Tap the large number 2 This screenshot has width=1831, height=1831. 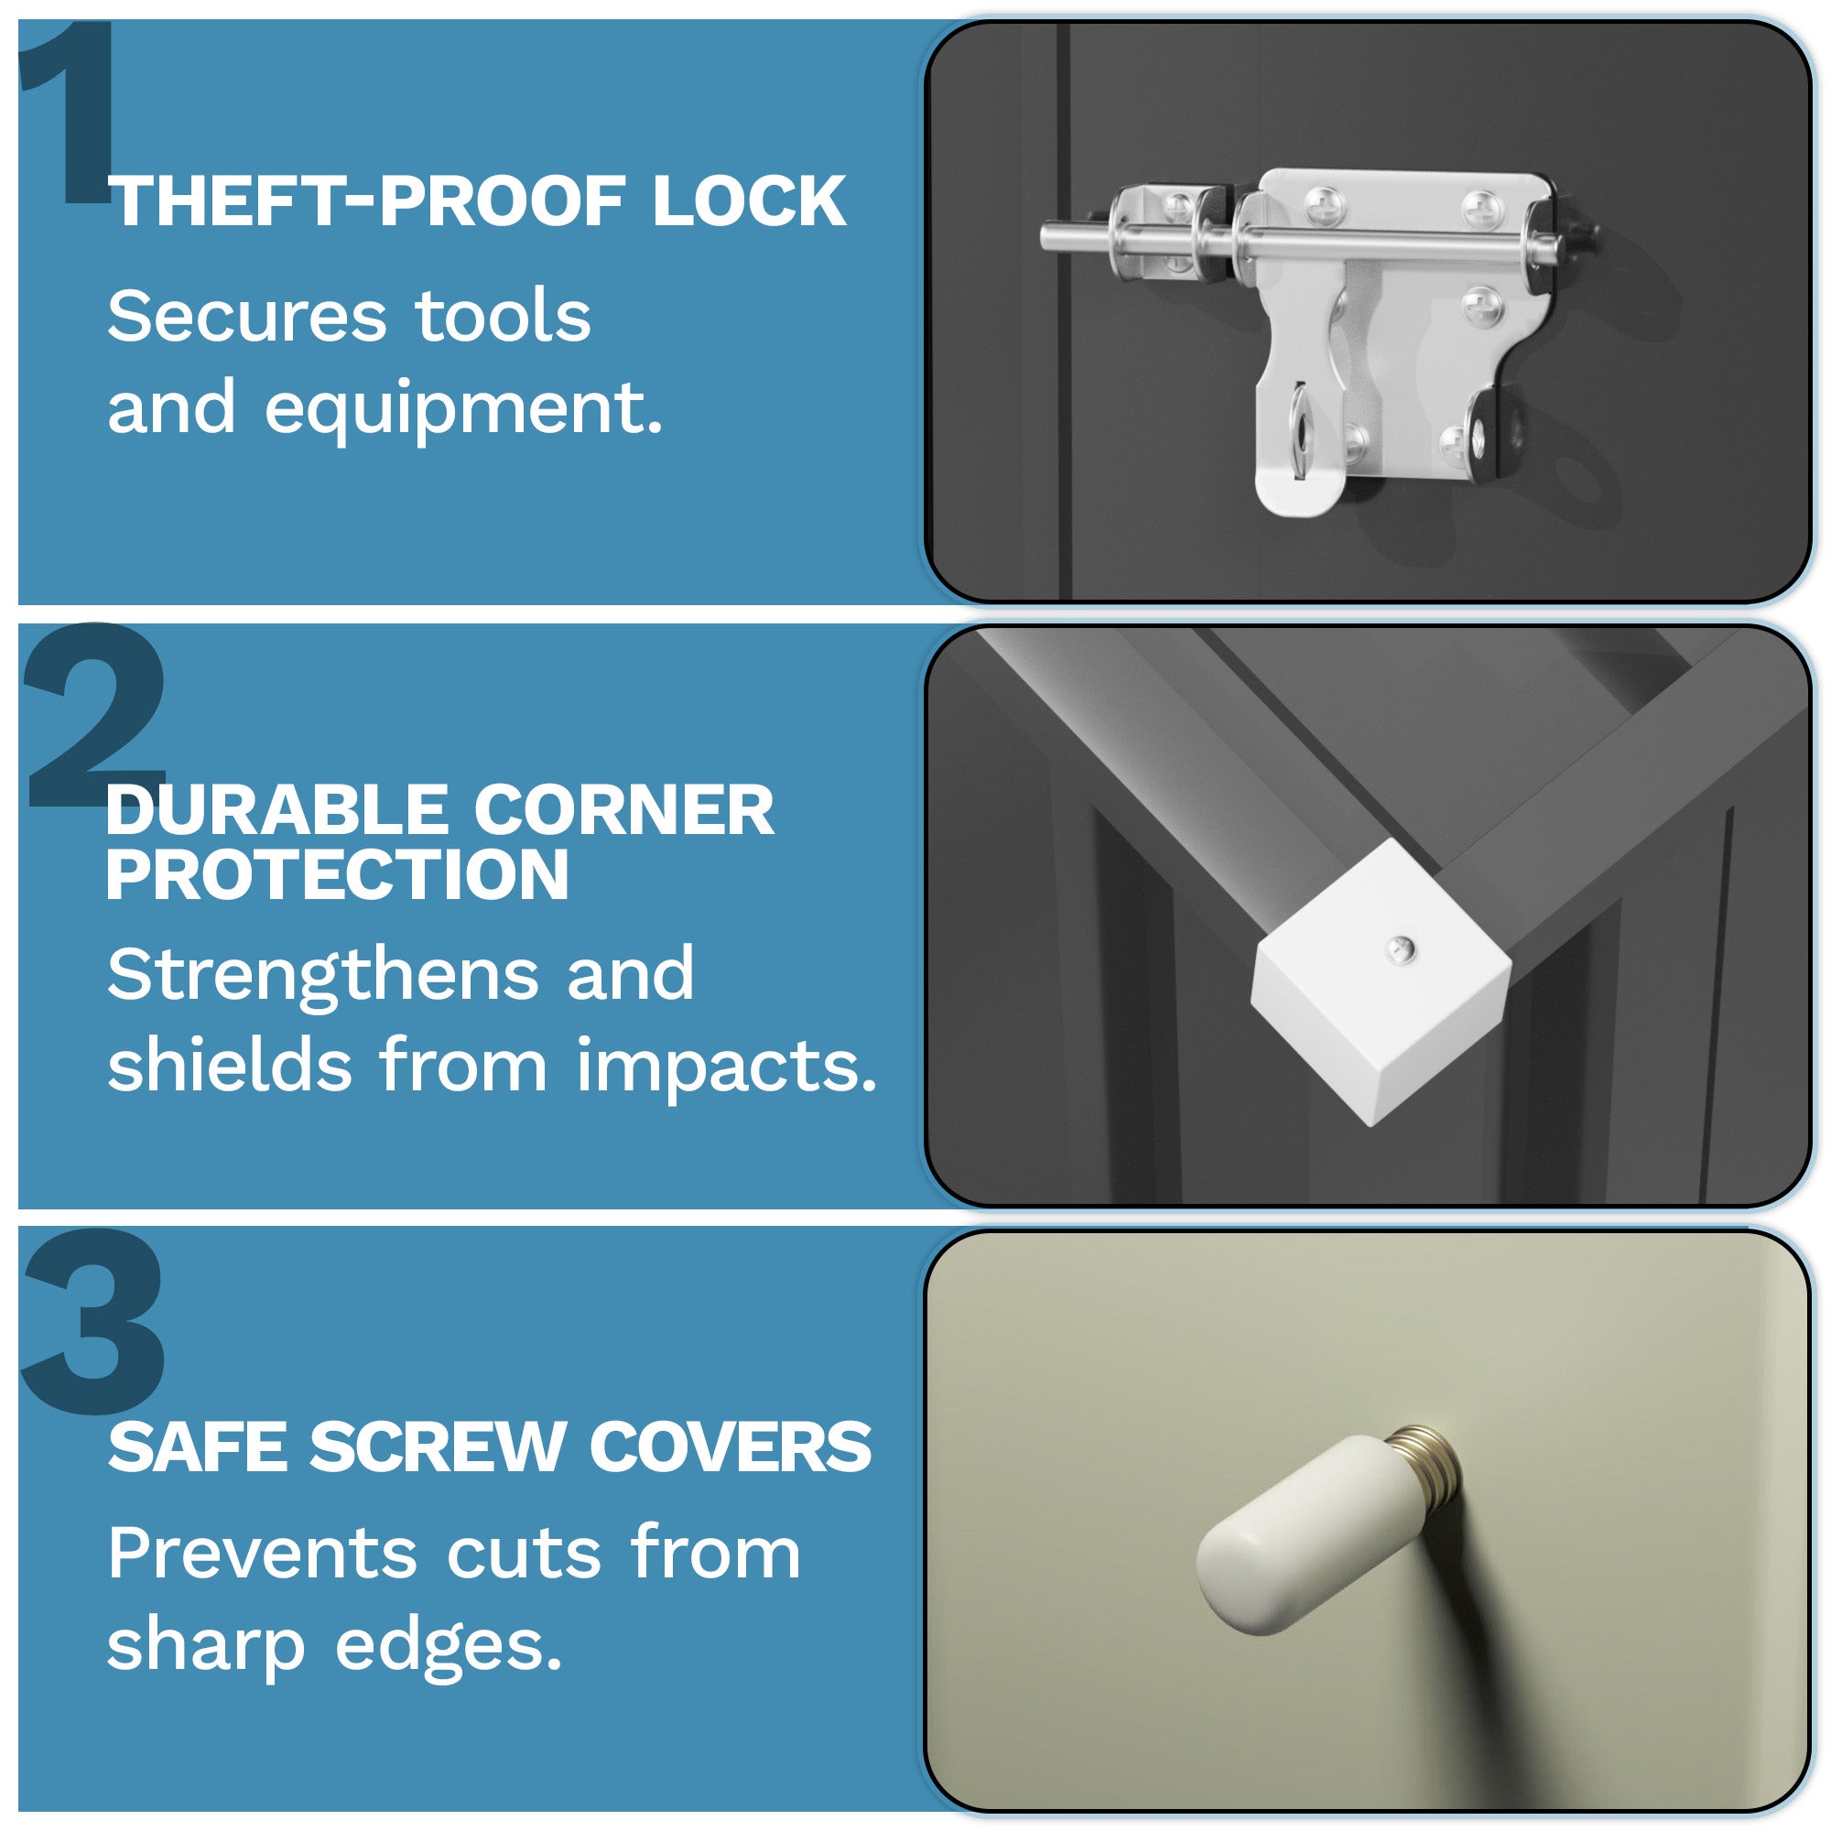[x=95, y=720]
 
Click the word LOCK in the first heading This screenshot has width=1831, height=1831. [x=749, y=201]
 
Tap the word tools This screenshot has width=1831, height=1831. [x=504, y=317]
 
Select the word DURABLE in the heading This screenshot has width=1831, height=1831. [x=276, y=811]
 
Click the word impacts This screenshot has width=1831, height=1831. [x=726, y=1066]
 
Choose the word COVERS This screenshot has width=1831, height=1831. [x=730, y=1449]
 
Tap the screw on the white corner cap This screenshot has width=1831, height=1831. [x=1400, y=948]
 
